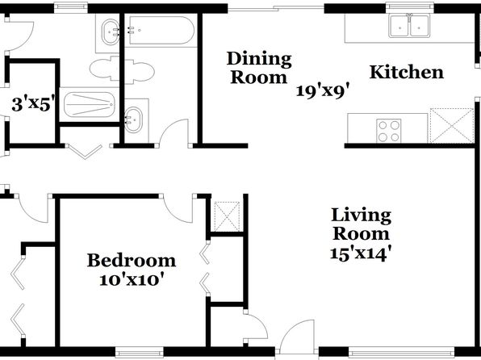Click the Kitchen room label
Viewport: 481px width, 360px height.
click(407, 73)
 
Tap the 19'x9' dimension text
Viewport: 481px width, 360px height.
click(323, 91)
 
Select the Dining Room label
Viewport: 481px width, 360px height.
click(259, 68)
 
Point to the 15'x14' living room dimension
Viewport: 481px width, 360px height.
click(361, 253)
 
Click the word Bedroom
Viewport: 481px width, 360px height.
click(132, 261)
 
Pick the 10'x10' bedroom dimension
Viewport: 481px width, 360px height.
click(131, 279)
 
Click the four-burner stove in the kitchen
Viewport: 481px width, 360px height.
click(389, 131)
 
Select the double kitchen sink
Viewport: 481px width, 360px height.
click(409, 26)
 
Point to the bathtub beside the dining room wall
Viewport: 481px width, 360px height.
click(161, 31)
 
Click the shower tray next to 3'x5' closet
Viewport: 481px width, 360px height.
click(90, 104)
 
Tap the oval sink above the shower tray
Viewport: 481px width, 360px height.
click(110, 32)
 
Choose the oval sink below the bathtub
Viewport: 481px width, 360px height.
click(133, 119)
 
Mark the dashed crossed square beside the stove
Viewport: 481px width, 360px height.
click(452, 125)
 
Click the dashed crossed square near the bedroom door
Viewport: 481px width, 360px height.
click(227, 216)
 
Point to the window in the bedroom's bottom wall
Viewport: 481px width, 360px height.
click(140, 352)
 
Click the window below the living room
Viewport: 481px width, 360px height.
click(401, 352)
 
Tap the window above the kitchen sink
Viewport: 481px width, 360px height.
click(410, 7)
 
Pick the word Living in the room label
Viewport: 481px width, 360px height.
click(361, 216)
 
